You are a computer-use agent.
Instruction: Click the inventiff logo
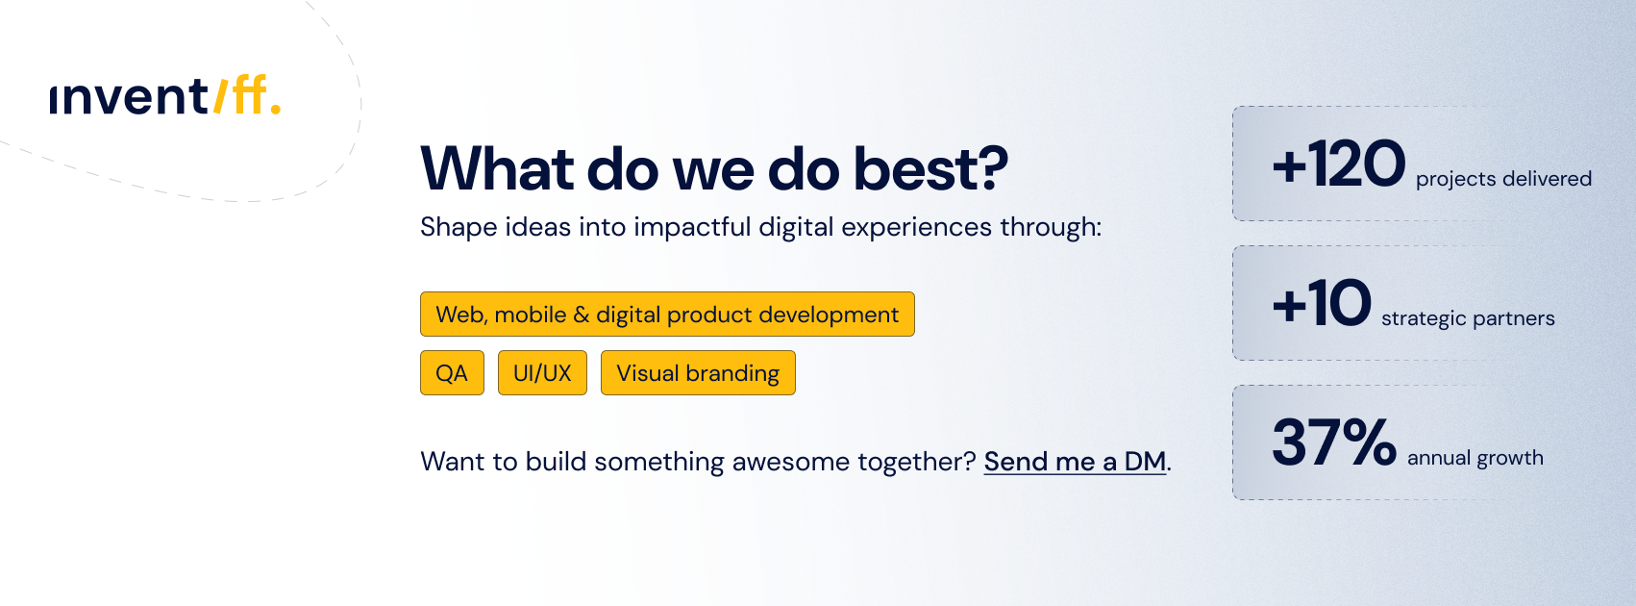(165, 95)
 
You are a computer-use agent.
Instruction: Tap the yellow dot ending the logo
(275, 110)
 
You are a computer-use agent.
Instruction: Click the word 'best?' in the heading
(930, 169)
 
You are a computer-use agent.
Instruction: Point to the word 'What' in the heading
(497, 169)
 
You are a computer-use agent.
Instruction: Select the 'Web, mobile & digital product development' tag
(667, 315)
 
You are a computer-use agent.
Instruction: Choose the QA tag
(452, 373)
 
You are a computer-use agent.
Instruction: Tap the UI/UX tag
(543, 373)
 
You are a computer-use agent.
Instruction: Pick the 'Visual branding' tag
(698, 373)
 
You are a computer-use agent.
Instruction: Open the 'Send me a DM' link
(1075, 462)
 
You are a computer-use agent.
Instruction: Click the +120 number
(1339, 164)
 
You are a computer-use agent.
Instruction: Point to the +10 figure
(1322, 303)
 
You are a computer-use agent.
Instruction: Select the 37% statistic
(1333, 442)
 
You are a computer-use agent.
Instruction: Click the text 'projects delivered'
(1503, 180)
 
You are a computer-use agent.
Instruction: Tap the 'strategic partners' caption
(1468, 319)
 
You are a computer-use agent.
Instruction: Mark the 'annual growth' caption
(1475, 458)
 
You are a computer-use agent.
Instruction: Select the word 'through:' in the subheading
(1051, 227)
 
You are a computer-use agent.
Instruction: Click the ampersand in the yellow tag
(581, 315)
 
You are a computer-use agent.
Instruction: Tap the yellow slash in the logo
(220, 96)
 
